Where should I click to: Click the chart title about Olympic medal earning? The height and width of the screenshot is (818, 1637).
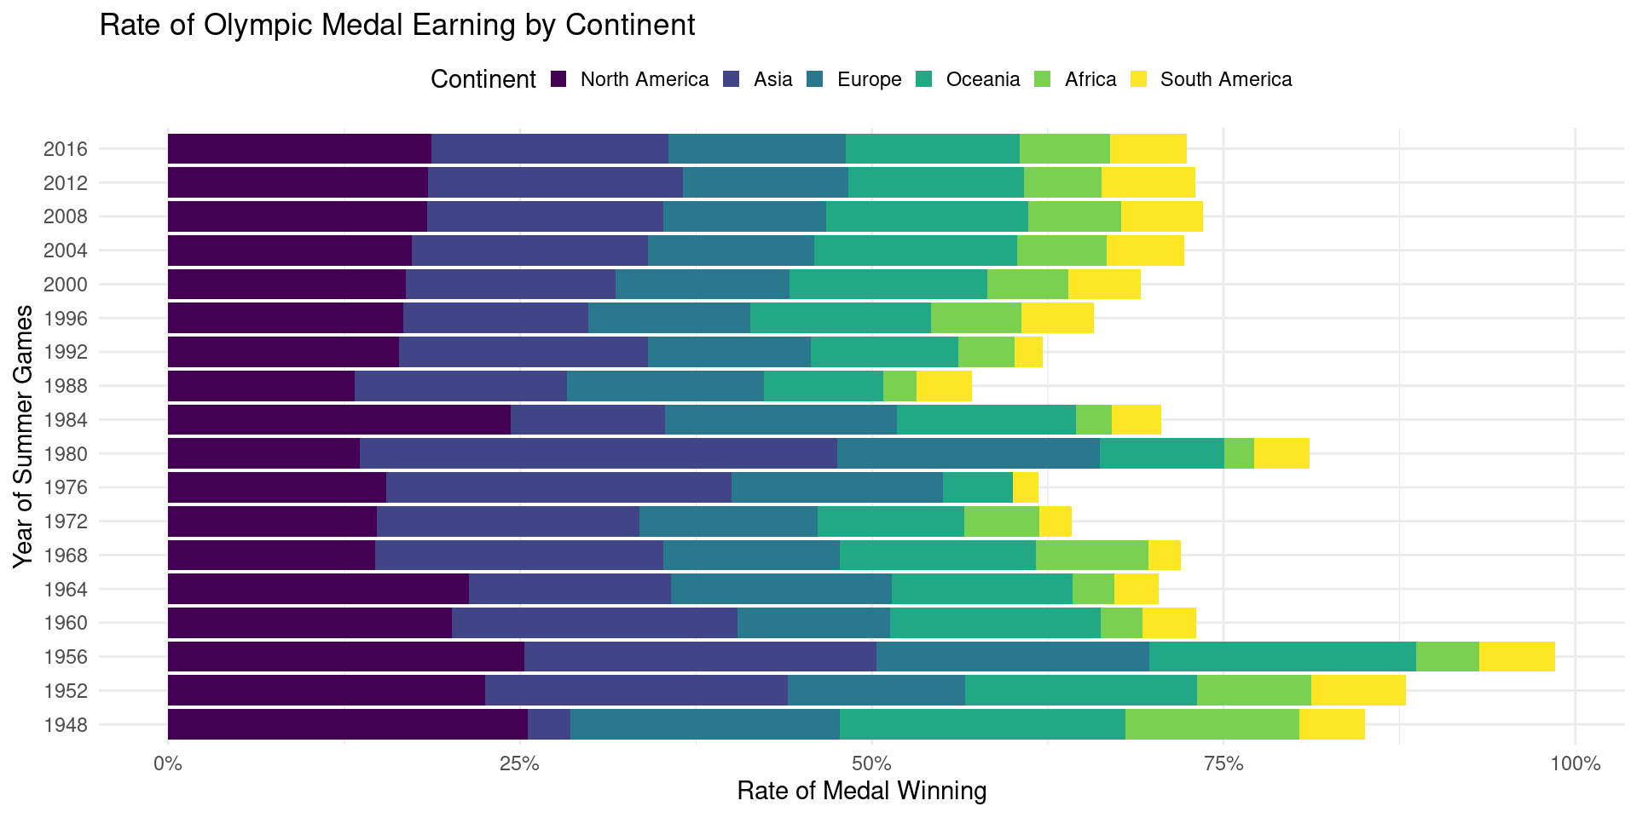coord(397,26)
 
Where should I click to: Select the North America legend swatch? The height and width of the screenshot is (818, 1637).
coord(559,79)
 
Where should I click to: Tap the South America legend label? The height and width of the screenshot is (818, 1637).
coord(1225,79)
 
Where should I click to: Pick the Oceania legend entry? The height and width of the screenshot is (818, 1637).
coord(982,79)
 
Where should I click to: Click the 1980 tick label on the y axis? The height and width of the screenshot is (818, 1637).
coord(66,454)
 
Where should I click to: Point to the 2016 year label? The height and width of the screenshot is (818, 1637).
coord(66,149)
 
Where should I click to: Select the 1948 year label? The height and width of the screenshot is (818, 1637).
coord(66,725)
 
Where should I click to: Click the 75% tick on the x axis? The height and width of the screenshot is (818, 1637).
coord(1223,763)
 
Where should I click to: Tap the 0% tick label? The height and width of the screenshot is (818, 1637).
coord(167,763)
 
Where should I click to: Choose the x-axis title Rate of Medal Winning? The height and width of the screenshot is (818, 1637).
coord(861,792)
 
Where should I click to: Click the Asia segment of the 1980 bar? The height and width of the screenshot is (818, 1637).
coord(598,453)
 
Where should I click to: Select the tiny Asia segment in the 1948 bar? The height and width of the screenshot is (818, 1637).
coord(549,724)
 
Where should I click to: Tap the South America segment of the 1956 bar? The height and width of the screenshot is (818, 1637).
coord(1517,657)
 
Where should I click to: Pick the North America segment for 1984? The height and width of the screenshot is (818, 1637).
coord(338,420)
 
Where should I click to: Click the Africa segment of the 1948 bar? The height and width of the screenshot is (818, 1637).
coord(1212,724)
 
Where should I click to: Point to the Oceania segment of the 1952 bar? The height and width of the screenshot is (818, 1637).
coord(1080,690)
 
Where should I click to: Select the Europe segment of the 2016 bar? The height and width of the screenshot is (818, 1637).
coord(756,149)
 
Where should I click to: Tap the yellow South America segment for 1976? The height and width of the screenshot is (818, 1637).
coord(1025,487)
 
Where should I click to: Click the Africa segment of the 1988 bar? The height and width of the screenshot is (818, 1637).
coord(899,386)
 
